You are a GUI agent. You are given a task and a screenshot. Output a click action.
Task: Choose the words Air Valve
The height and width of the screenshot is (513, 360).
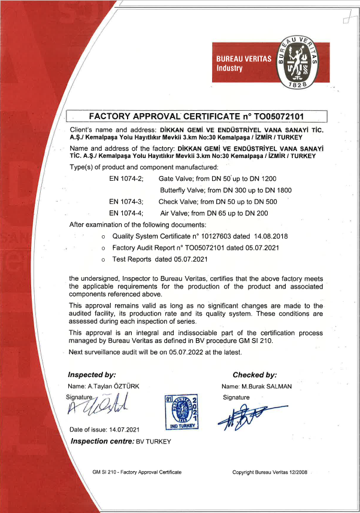click(x=173, y=213)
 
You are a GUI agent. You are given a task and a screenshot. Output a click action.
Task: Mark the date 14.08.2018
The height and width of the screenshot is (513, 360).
click(x=268, y=236)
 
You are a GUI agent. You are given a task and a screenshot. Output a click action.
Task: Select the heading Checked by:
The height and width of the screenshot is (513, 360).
click(x=255, y=375)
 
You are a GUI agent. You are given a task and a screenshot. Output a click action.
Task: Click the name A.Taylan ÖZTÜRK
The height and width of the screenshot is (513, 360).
click(x=113, y=386)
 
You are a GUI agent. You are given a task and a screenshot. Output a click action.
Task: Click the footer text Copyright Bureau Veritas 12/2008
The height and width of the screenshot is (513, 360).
click(x=270, y=472)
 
